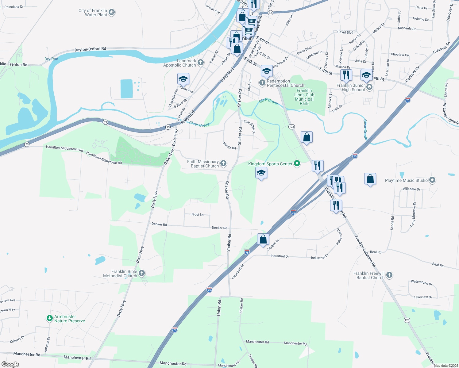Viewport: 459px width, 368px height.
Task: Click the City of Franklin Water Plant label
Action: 93,13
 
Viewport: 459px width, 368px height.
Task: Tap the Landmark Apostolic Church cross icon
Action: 201,63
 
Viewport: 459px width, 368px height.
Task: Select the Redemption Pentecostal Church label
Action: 285,83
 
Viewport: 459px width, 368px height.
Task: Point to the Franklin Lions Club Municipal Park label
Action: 304,97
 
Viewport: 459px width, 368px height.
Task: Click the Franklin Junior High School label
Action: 350,87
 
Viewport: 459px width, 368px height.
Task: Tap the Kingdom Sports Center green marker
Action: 297,163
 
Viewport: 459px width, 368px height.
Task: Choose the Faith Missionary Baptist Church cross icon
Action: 223,163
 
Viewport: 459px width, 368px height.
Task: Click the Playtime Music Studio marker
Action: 432,180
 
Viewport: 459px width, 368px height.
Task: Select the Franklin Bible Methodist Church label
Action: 124,274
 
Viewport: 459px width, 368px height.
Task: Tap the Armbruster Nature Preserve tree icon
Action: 49,318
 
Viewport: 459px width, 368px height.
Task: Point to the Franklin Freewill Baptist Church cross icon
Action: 389,275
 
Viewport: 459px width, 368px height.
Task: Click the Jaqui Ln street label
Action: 197,214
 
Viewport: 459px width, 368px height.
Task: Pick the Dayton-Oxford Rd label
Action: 90,49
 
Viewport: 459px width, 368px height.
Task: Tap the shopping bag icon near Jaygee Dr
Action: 263,239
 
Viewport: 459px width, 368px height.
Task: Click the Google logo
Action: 10,364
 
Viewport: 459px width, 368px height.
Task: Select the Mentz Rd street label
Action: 229,146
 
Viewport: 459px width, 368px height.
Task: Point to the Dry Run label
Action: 51,59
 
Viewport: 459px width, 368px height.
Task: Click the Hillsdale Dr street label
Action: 411,189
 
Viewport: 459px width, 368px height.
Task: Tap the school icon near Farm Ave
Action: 183,79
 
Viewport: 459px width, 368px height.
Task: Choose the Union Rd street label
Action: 219,308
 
